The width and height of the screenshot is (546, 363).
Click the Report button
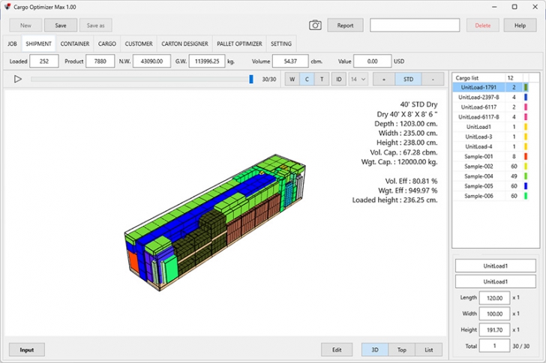point(345,25)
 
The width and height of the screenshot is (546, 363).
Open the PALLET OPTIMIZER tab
point(239,44)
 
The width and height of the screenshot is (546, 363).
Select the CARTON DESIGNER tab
point(184,44)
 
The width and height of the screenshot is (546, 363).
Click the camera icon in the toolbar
point(316,25)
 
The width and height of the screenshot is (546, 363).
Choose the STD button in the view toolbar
point(408,79)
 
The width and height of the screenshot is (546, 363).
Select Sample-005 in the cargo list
point(478,185)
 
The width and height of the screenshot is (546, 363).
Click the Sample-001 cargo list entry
point(478,156)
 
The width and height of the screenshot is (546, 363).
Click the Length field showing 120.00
point(493,298)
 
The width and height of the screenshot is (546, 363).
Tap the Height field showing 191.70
point(493,330)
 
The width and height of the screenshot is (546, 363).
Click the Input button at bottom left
point(27,349)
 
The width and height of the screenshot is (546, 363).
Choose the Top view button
point(402,349)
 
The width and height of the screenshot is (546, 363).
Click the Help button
point(520,25)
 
